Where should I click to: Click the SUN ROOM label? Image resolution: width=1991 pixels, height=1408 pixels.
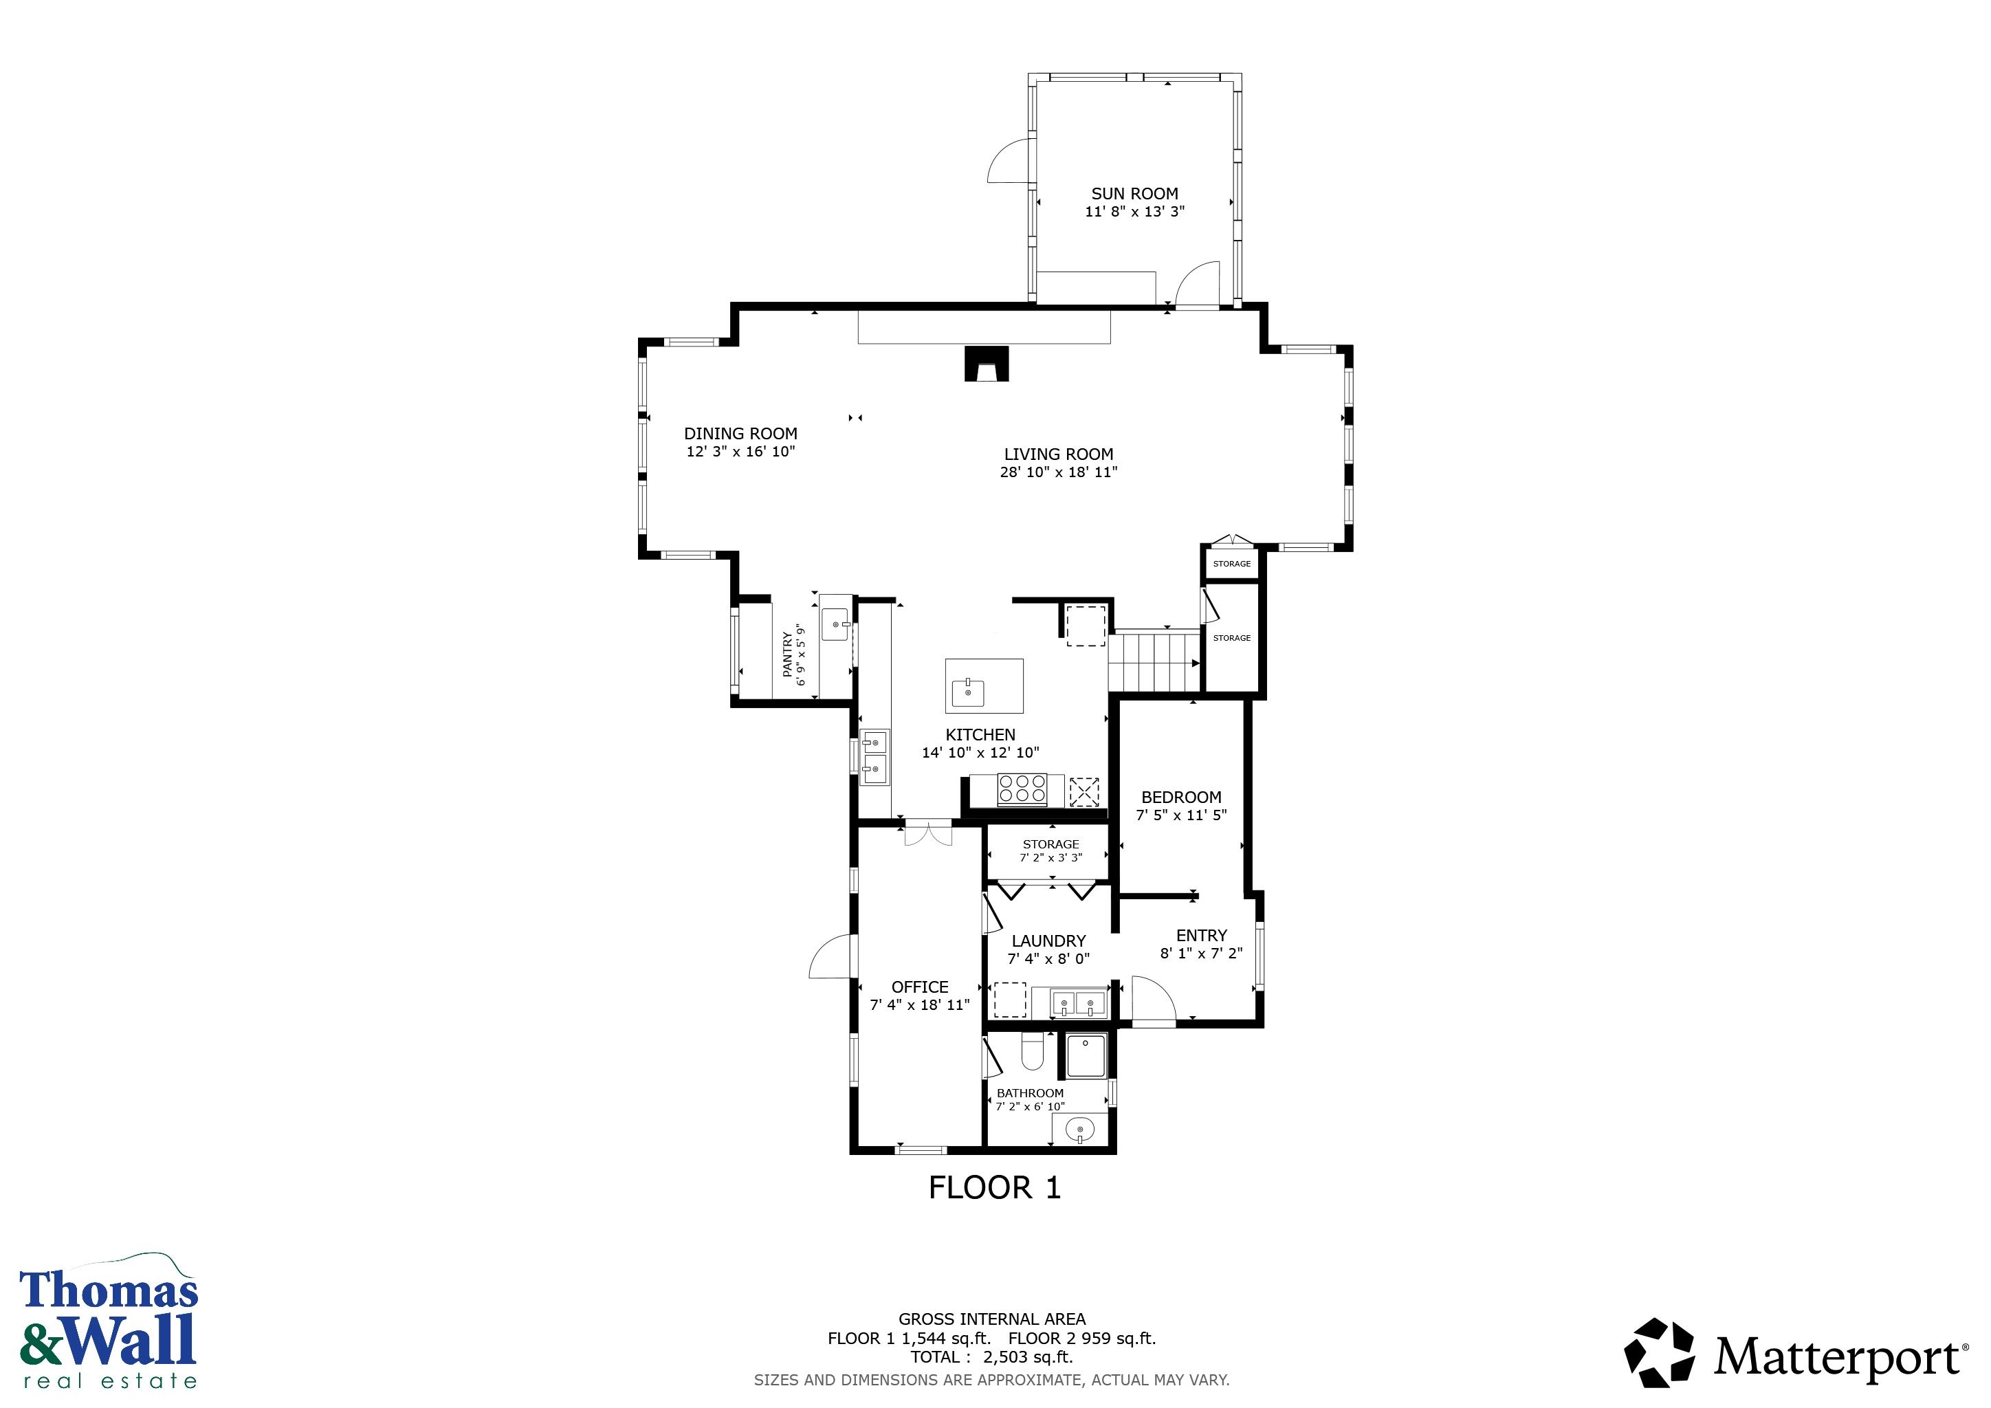1134,193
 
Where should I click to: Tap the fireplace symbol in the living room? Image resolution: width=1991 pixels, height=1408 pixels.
987,364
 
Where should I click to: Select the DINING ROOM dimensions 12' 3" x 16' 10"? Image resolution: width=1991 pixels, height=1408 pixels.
740,452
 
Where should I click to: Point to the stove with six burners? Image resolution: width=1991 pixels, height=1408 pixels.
1022,789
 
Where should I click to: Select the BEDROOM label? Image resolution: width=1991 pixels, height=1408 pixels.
1181,797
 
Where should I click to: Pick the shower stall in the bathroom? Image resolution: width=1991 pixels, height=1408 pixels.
1086,1055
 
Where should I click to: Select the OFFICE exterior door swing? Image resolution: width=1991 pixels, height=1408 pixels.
830,957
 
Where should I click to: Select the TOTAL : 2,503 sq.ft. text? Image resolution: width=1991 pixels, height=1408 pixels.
991,1357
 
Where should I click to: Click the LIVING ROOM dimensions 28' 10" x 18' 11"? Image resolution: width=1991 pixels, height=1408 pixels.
1058,472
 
